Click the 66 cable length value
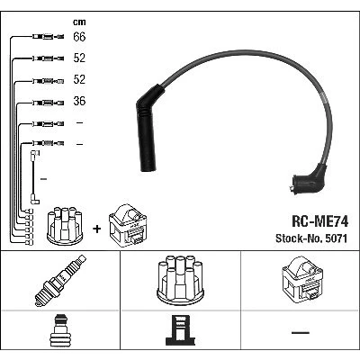coord(79,37)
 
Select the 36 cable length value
coord(79,101)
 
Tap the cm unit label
coord(79,22)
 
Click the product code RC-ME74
coord(320,221)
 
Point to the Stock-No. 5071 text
coord(311,238)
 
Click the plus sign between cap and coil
coord(97,229)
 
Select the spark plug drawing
coord(60,281)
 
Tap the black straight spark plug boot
coord(147,129)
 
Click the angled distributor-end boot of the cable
coord(309,179)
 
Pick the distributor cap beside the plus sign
coord(65,225)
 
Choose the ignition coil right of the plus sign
coord(128,226)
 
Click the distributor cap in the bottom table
coord(180,281)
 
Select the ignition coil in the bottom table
coord(302,279)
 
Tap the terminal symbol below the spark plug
coord(60,330)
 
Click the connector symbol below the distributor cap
coord(180,330)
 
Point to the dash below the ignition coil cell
coord(301,332)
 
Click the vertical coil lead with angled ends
coord(33,177)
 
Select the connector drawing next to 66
coord(48,37)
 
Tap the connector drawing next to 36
coord(48,103)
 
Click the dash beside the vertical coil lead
coord(43,179)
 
